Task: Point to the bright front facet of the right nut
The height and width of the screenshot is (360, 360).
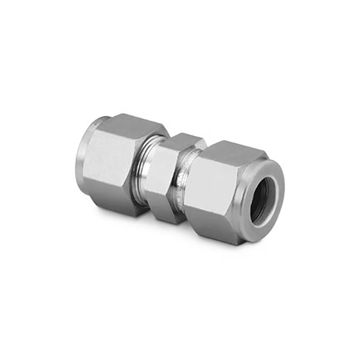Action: click(214, 189)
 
